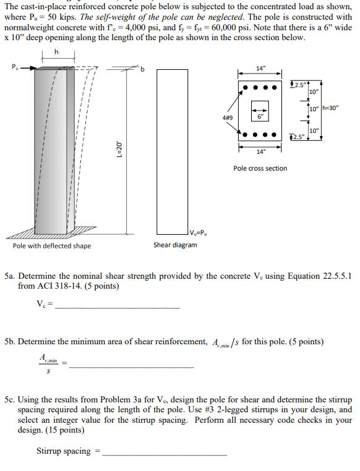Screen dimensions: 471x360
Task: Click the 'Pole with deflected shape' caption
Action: pos(52,246)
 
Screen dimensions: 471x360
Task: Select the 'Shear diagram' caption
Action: pos(175,245)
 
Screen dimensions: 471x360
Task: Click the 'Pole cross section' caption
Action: pos(260,168)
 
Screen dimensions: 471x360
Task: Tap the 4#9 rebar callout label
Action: pos(228,117)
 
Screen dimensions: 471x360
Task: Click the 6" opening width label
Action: pos(261,116)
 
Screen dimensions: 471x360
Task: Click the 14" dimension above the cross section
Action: pos(260,69)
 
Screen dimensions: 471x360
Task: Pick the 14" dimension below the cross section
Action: pos(260,151)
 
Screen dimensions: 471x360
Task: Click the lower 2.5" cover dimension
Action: pos(298,137)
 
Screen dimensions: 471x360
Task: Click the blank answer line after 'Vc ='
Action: pos(118,307)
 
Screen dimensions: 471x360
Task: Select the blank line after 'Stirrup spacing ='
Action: pos(165,454)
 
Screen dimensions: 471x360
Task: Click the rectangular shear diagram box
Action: pos(172,148)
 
